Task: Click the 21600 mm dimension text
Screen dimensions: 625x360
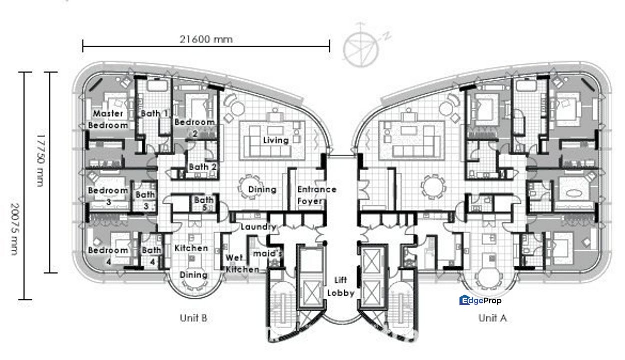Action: [x=206, y=39]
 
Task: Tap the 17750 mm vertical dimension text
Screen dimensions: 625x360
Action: [x=40, y=161]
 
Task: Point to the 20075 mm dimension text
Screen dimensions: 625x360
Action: [x=15, y=229]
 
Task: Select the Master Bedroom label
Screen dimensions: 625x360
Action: [x=108, y=119]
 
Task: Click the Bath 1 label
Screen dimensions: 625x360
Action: [x=154, y=113]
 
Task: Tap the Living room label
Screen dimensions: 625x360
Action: [x=276, y=140]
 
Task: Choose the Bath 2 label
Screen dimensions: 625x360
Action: [x=203, y=167]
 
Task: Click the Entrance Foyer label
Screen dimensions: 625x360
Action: [x=317, y=195]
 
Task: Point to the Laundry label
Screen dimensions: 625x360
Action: [x=258, y=227]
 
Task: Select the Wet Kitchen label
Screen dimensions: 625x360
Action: [x=242, y=263]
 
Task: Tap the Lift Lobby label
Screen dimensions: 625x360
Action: [x=341, y=286]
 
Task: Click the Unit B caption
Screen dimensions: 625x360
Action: [x=193, y=318]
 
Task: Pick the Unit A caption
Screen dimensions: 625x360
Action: [x=492, y=318]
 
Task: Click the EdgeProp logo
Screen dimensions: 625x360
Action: [x=480, y=300]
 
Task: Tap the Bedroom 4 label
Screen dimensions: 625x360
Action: [x=108, y=256]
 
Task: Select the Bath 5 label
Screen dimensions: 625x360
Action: [x=204, y=203]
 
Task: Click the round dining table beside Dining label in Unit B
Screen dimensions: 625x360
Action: [x=249, y=187]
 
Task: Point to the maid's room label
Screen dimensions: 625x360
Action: [x=267, y=254]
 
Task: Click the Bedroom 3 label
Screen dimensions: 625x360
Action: [x=108, y=196]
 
